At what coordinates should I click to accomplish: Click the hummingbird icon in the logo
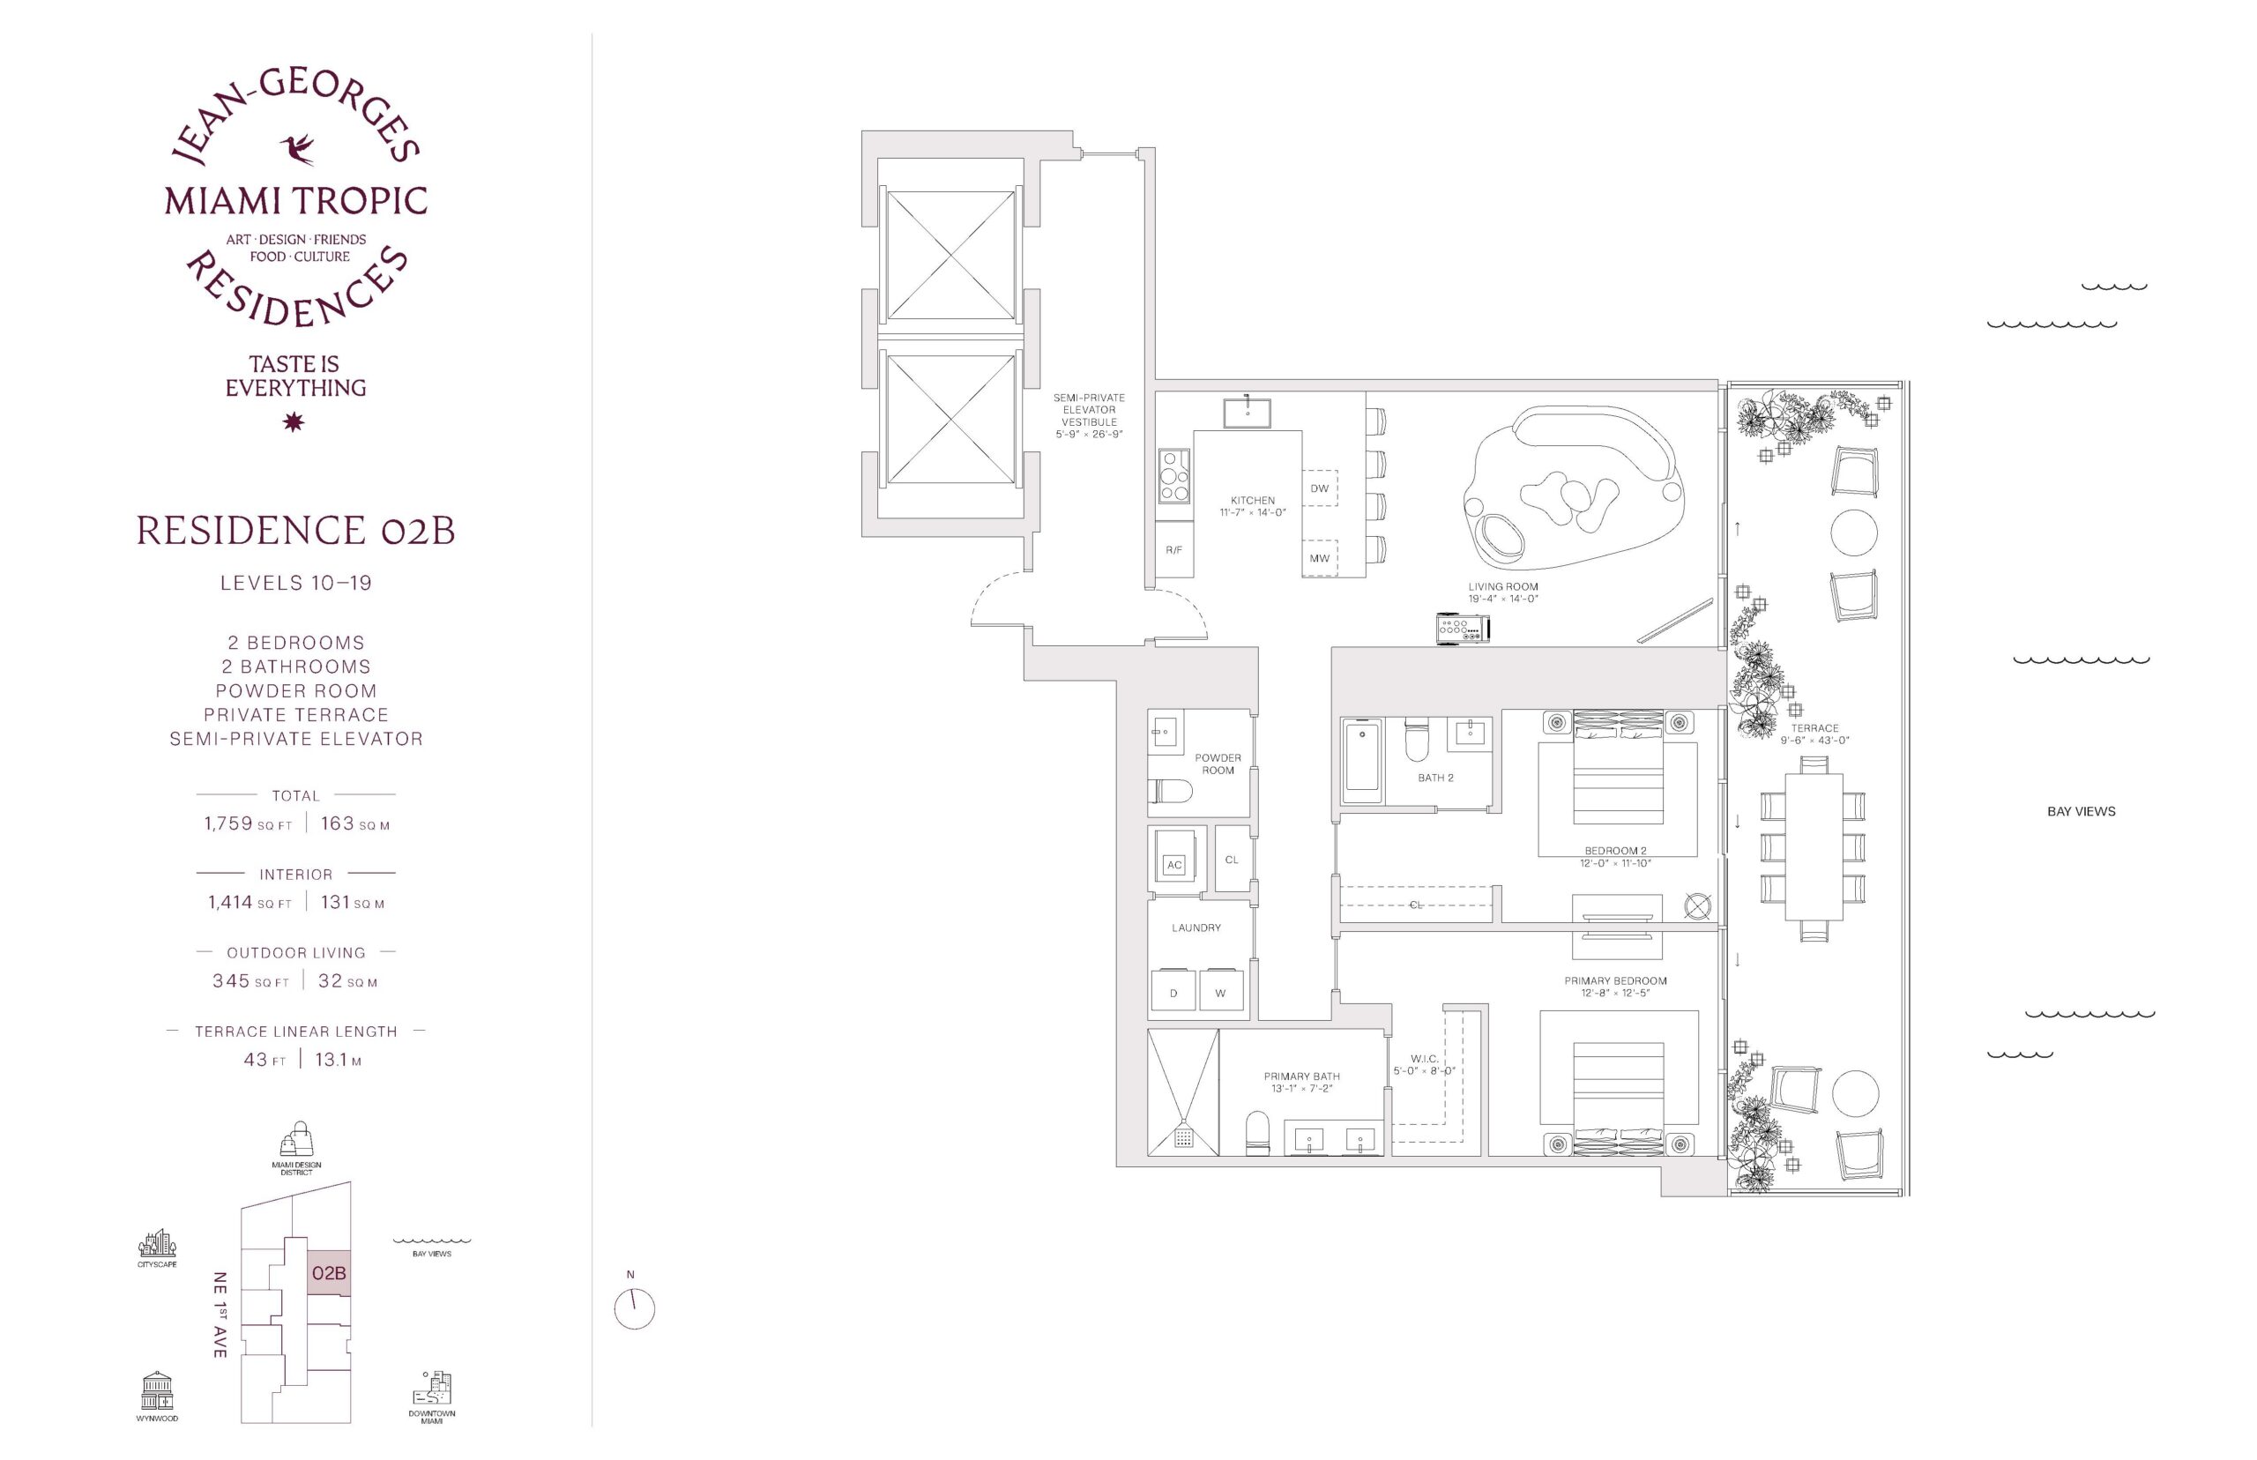pyautogui.click(x=297, y=149)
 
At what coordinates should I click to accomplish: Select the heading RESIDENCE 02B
pyautogui.click(x=295, y=531)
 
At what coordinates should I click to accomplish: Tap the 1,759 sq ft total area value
pyautogui.click(x=249, y=823)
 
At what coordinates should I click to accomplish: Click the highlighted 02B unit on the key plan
pyautogui.click(x=329, y=1272)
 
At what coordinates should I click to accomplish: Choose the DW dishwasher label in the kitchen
pyautogui.click(x=1320, y=489)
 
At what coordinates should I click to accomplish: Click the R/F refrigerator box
pyautogui.click(x=1173, y=550)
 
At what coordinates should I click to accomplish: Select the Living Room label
pyautogui.click(x=1502, y=592)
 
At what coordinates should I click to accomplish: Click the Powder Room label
pyautogui.click(x=1218, y=764)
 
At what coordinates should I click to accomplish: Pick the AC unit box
pyautogui.click(x=1174, y=865)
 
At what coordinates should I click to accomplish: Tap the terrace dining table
pyautogui.click(x=1814, y=846)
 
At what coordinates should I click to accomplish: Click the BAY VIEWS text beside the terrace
pyautogui.click(x=2081, y=811)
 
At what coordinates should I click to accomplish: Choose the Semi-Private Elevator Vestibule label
pyautogui.click(x=1089, y=416)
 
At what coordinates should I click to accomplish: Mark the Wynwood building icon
pyautogui.click(x=156, y=1391)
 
